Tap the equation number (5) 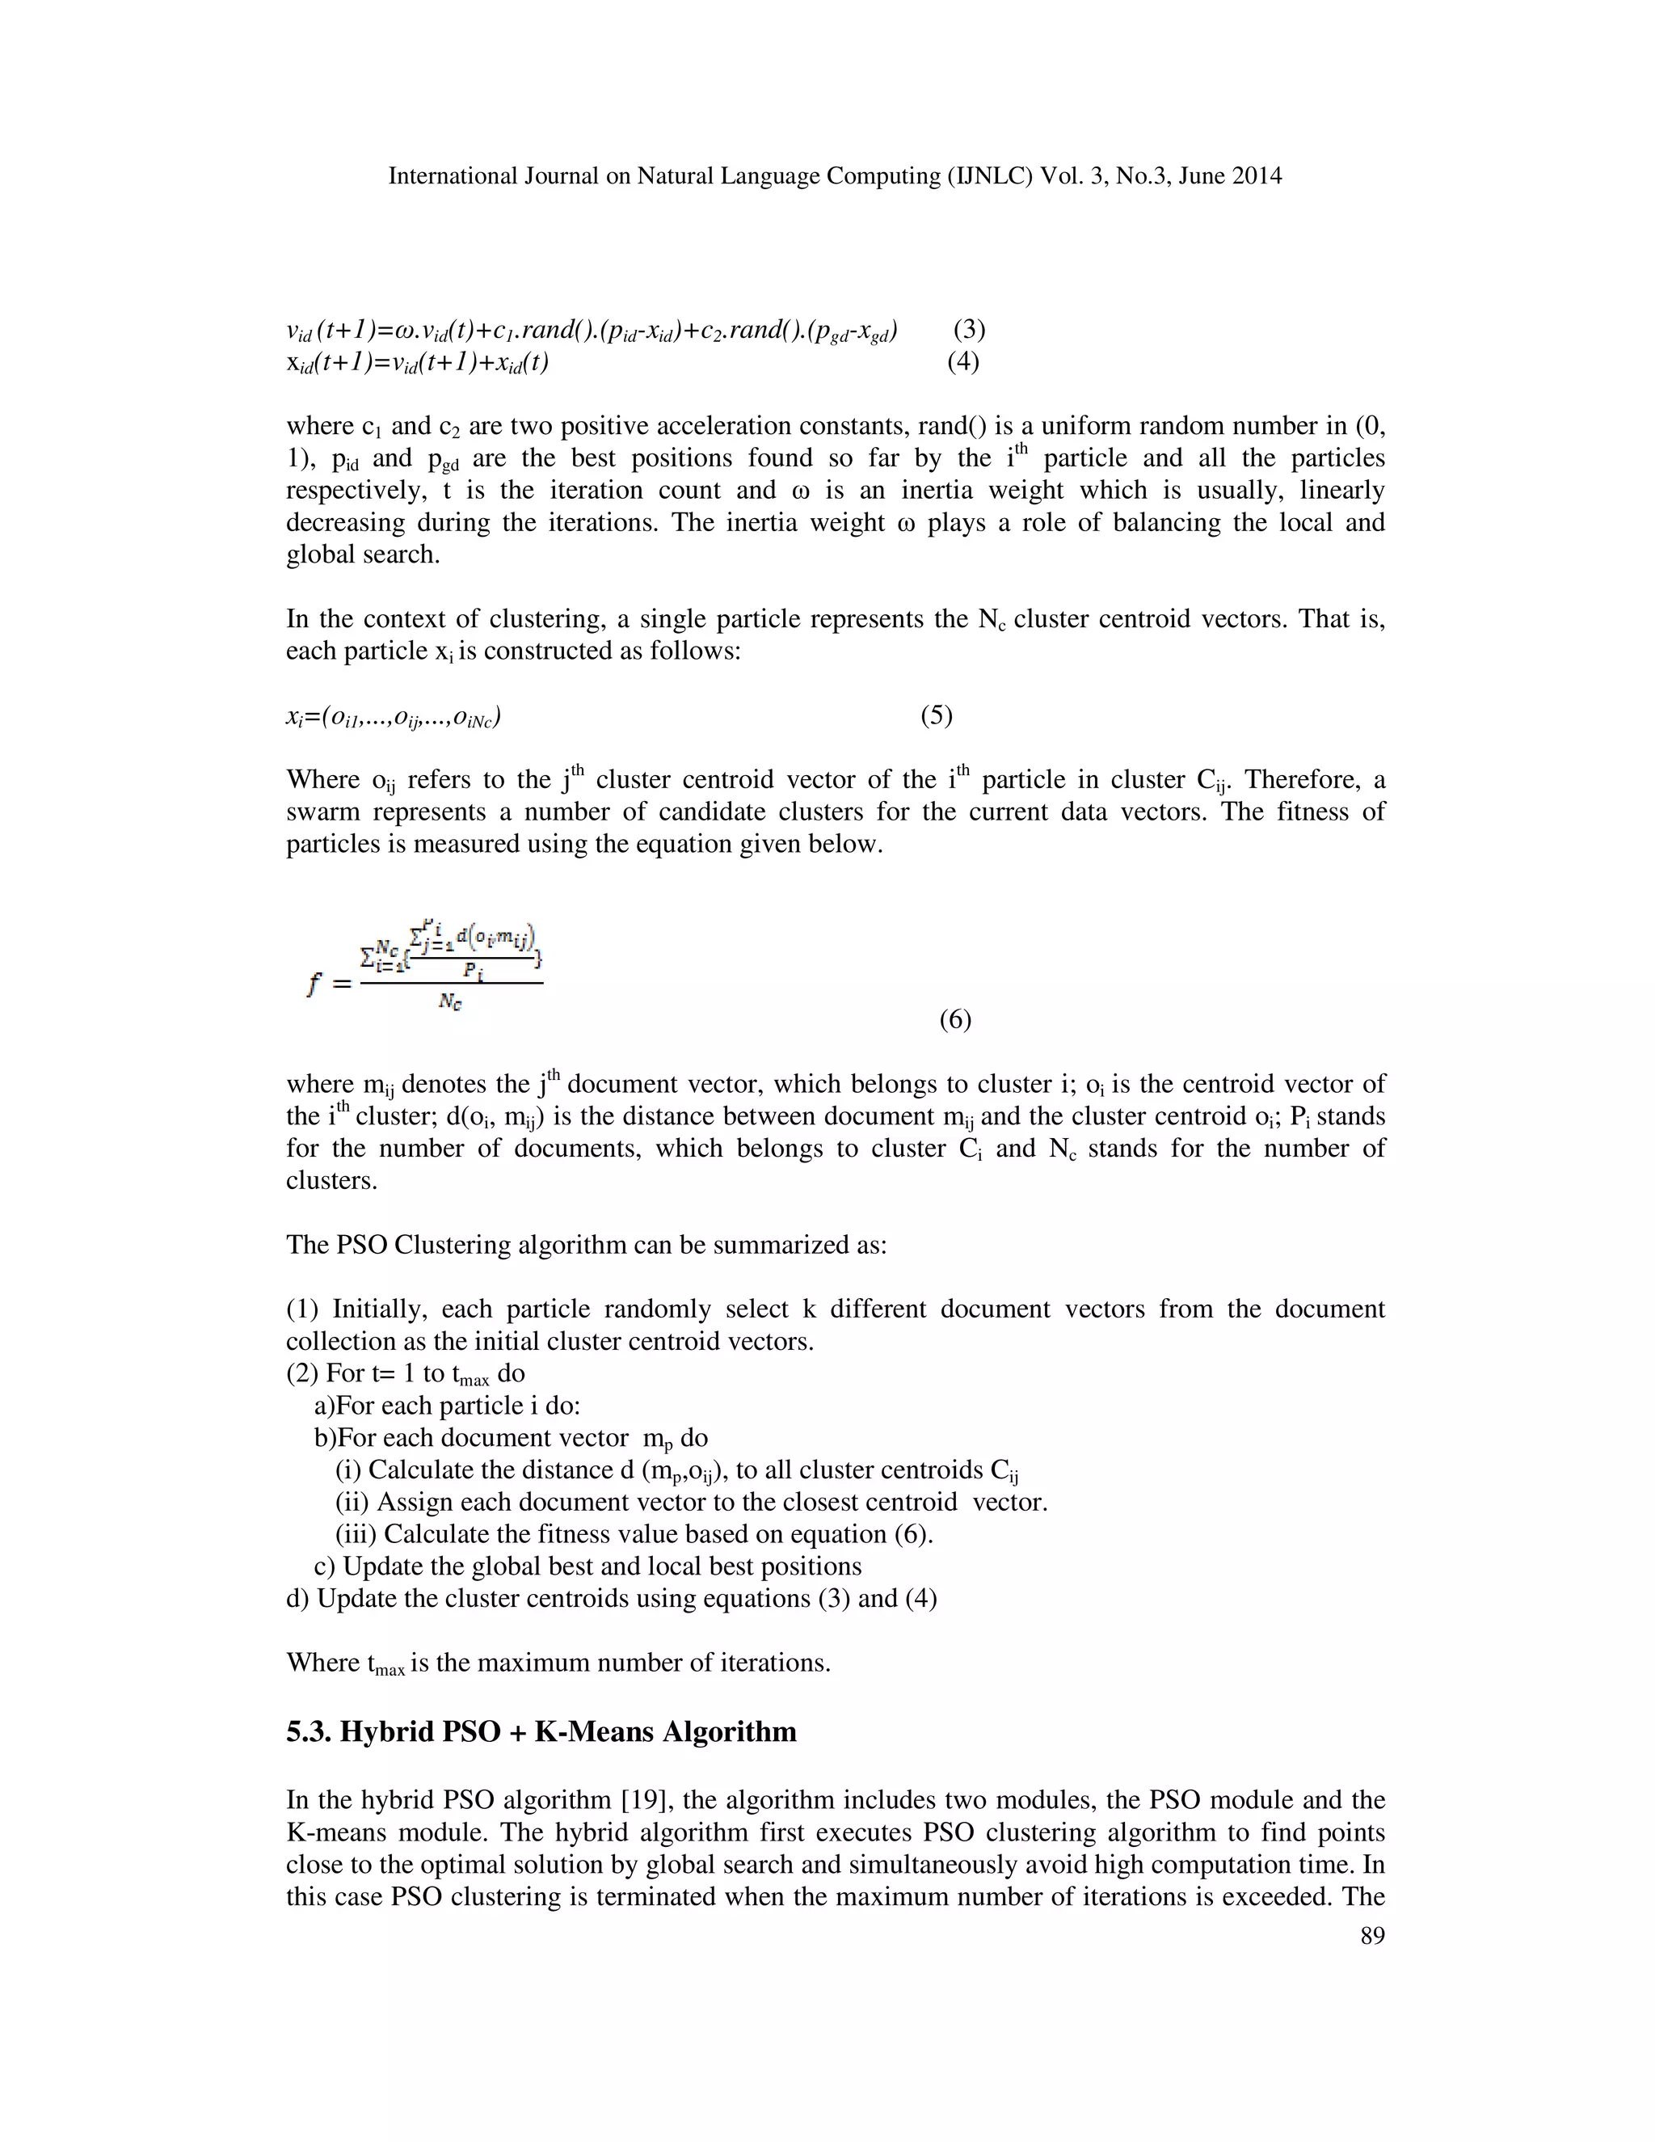(x=937, y=716)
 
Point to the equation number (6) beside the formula (x=955, y=1020)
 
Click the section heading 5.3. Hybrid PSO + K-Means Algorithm (x=541, y=1731)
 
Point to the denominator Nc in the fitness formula (x=451, y=1001)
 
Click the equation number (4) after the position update (x=962, y=362)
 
